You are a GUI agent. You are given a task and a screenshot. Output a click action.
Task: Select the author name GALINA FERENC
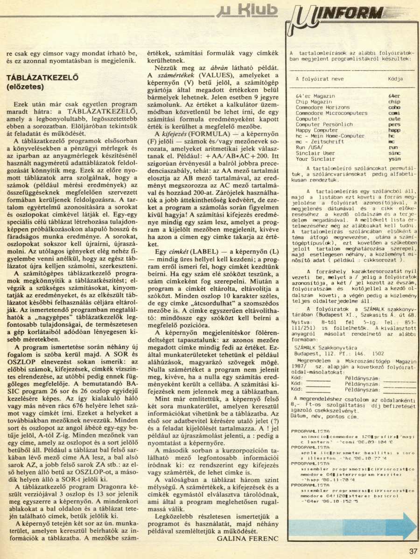pyautogui.click(x=248, y=538)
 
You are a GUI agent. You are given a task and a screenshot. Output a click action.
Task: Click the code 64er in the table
pyautogui.click(x=395, y=95)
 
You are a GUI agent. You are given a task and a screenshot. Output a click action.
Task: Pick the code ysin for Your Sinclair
pyautogui.click(x=395, y=159)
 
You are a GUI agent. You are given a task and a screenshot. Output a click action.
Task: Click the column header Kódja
pyautogui.click(x=395, y=79)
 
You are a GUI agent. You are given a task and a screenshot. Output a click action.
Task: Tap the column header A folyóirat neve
pyautogui.click(x=320, y=79)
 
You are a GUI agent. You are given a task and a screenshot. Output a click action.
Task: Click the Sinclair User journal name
pyautogui.click(x=315, y=153)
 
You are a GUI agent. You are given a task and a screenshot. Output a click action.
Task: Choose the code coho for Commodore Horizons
pyautogui.click(x=394, y=107)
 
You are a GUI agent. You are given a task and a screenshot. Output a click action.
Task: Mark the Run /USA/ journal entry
pyautogui.click(x=308, y=147)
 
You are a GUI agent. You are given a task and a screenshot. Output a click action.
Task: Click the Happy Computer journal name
pyautogui.click(x=316, y=130)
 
